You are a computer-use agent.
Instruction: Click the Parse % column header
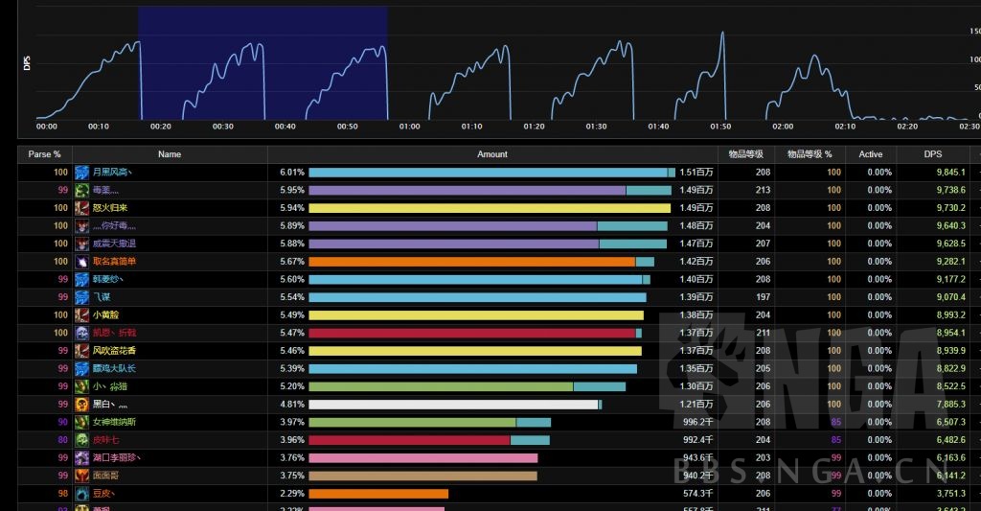coord(44,154)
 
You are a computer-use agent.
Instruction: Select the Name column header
coord(170,154)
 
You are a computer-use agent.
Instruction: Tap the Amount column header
coord(492,154)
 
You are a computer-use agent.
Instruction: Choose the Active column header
coord(871,154)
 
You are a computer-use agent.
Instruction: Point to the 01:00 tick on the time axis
coord(410,127)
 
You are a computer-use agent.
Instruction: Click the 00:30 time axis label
coord(222,127)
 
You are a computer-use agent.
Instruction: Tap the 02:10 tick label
coord(845,127)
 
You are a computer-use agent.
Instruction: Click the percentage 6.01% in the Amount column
coord(291,173)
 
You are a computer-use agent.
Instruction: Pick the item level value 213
coord(763,190)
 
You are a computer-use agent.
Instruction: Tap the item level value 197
coord(763,297)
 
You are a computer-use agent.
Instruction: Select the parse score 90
coord(62,422)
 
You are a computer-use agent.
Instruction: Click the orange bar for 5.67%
coord(471,262)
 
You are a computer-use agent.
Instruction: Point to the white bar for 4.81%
coord(453,405)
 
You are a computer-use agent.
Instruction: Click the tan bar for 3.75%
coord(422,476)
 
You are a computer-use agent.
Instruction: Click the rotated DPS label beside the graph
coord(27,63)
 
